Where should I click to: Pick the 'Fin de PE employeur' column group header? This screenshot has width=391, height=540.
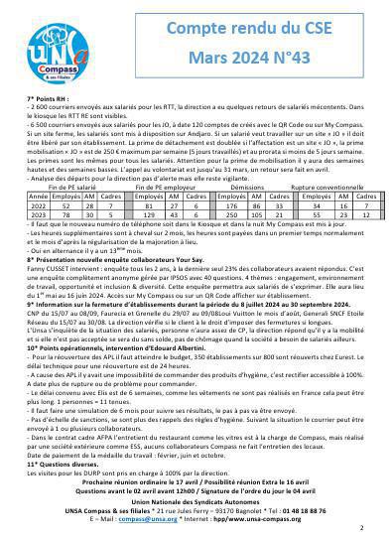[x=161, y=242]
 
